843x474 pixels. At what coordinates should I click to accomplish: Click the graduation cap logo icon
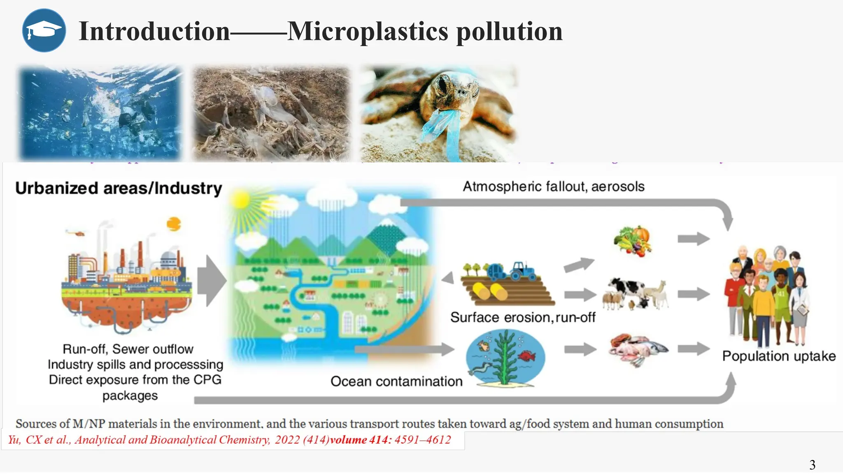44,30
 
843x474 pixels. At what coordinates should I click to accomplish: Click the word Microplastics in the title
367,31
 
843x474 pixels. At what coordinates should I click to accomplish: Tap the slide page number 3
812,465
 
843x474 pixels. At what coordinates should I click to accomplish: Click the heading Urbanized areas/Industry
119,188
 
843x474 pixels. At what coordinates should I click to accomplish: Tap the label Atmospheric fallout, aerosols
553,186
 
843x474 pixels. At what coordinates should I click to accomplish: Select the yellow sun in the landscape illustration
241,200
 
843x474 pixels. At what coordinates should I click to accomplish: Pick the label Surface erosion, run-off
522,317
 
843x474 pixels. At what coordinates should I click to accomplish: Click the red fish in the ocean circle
527,355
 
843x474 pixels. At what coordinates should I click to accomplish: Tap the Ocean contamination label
396,381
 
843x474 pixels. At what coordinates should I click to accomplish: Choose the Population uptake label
779,356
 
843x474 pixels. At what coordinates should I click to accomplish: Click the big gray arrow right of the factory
212,281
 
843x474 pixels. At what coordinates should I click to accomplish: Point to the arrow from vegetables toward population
694,239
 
